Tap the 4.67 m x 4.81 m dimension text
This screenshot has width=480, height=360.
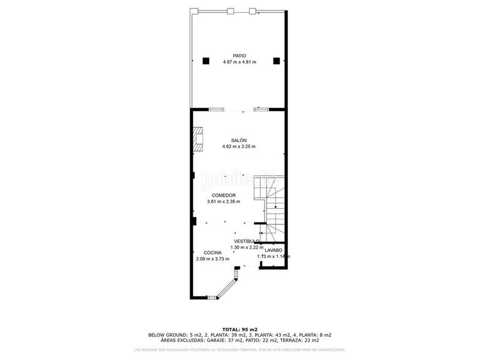[x=239, y=62]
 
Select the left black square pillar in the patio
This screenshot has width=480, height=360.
[x=206, y=60]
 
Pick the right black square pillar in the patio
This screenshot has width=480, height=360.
[x=277, y=60]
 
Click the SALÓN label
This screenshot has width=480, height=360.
[x=239, y=140]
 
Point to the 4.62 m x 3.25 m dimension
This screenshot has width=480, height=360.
[x=239, y=147]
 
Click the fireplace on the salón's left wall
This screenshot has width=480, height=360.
[x=199, y=138]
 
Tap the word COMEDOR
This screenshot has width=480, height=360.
[x=223, y=196]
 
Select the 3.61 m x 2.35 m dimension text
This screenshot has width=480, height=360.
[x=223, y=202]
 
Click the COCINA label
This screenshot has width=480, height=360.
[x=212, y=253]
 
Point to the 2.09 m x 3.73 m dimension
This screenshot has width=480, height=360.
[x=212, y=259]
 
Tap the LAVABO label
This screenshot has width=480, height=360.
[x=273, y=250]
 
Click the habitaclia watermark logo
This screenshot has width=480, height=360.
[x=238, y=178]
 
